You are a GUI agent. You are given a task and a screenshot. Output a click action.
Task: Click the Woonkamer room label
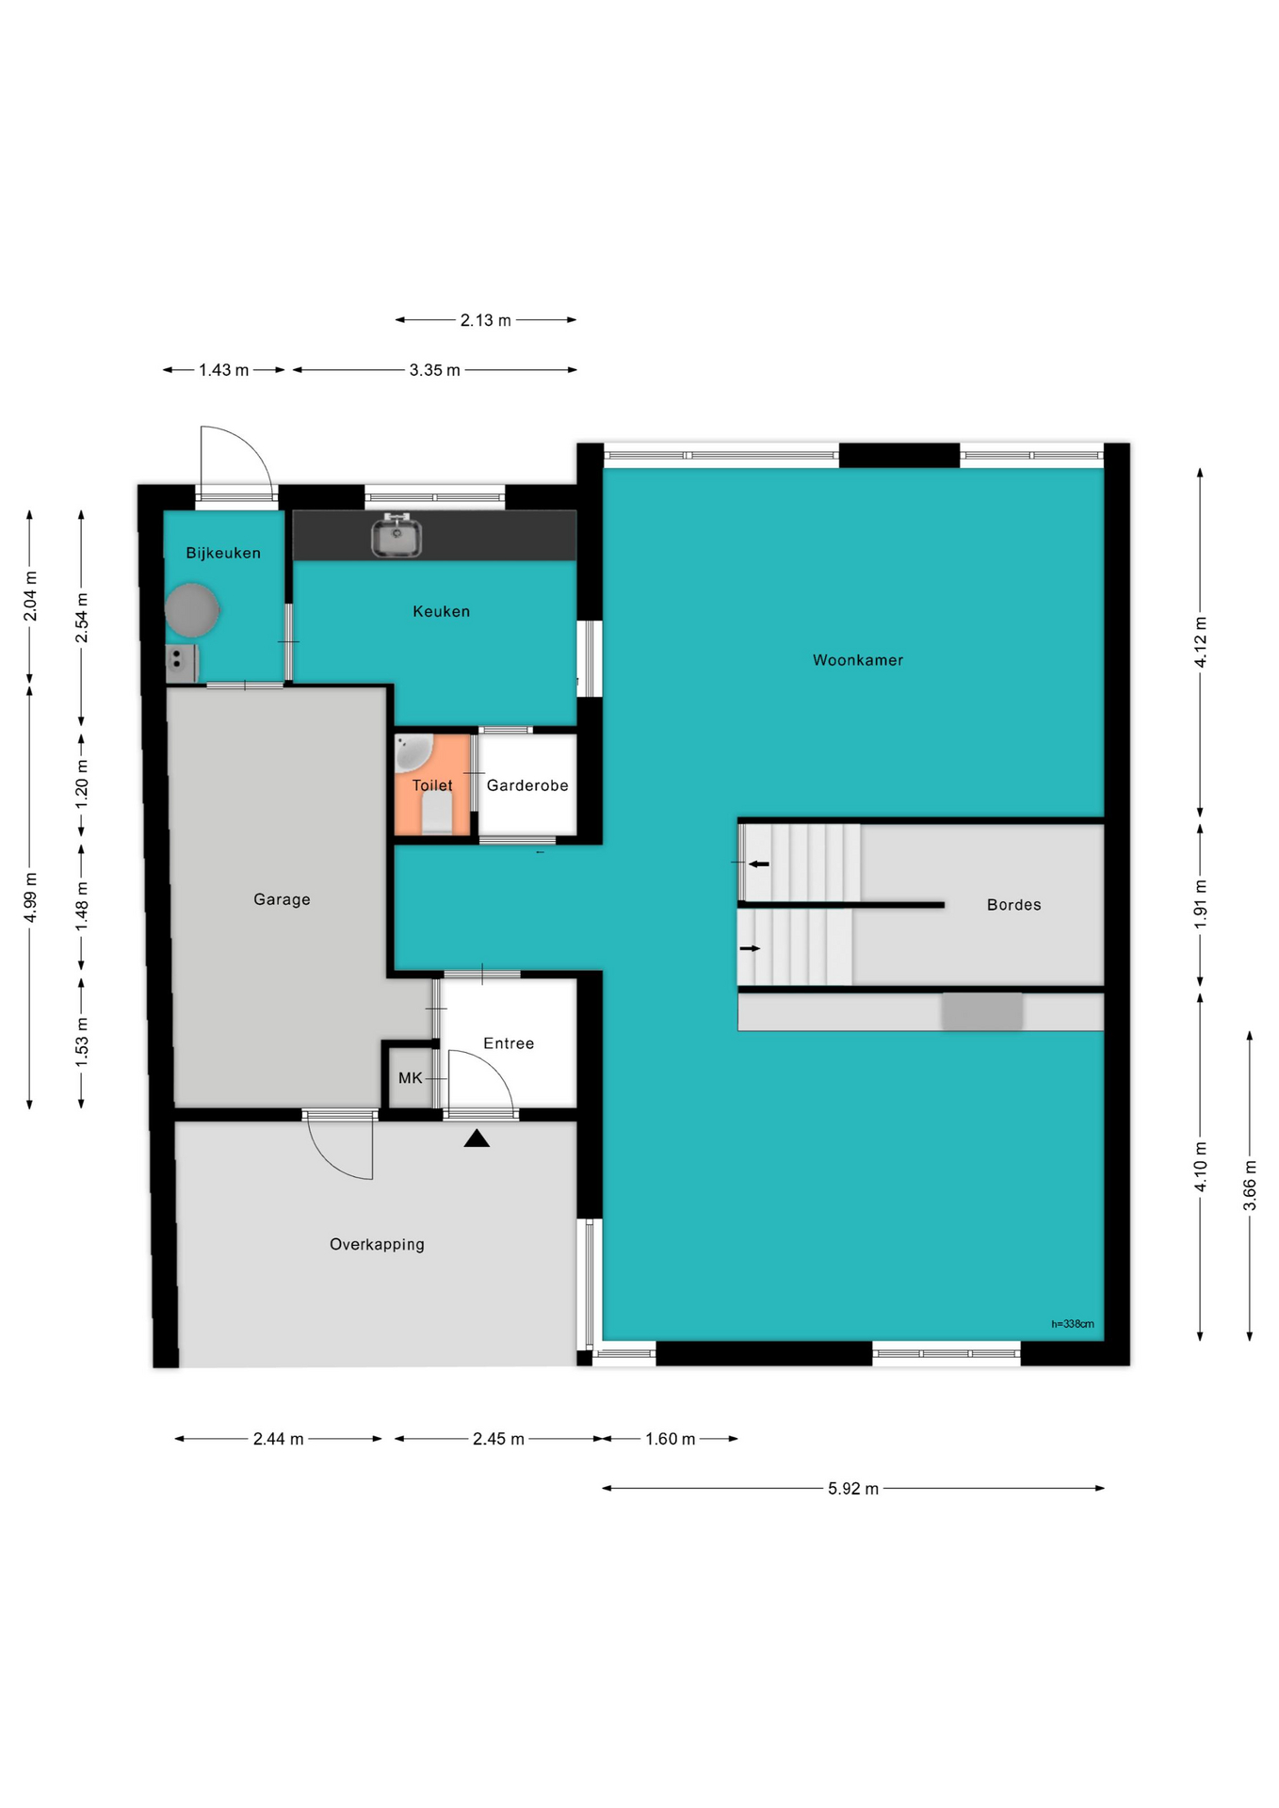click(857, 660)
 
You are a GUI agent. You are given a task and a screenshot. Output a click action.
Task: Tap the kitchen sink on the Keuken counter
click(396, 535)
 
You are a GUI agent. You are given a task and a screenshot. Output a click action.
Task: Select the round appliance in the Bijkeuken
click(192, 610)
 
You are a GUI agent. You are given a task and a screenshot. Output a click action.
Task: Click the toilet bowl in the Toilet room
click(436, 812)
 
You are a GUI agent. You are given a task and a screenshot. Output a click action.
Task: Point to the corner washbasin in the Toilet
click(411, 751)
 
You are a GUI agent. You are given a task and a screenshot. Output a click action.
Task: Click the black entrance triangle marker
click(477, 1138)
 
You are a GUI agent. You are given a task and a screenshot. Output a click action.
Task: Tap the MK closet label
click(411, 1078)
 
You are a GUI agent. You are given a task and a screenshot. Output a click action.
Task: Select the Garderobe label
click(527, 785)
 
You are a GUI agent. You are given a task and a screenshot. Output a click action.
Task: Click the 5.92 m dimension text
click(853, 1489)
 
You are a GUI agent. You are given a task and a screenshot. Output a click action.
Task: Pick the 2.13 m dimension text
click(486, 320)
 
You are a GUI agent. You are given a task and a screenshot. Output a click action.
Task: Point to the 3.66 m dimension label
click(1250, 1194)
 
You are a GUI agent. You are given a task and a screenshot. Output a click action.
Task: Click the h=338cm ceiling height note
click(1073, 1324)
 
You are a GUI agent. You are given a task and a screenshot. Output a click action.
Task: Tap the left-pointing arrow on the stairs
click(758, 864)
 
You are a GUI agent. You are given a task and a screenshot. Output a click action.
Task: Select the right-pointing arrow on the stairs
click(750, 948)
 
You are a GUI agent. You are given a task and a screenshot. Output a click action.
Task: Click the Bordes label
click(1014, 905)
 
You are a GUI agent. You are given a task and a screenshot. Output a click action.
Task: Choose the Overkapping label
click(377, 1245)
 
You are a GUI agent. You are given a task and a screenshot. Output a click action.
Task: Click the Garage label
click(282, 899)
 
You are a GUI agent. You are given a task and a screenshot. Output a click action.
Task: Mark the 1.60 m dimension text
click(671, 1439)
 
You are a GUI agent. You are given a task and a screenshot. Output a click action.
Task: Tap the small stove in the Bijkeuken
click(181, 663)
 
